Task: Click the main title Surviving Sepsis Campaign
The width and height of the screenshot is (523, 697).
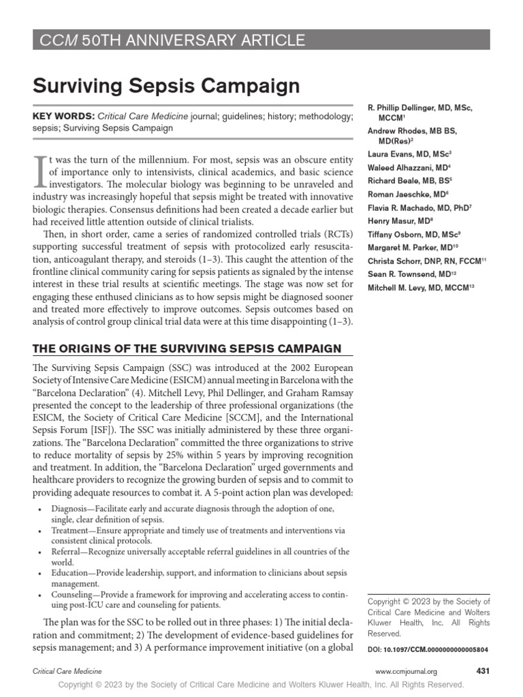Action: click(167, 86)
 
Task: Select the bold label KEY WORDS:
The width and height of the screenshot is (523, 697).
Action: click(64, 117)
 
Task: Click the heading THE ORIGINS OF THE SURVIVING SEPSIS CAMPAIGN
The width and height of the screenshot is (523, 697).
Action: click(187, 348)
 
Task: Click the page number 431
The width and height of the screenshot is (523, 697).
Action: click(483, 670)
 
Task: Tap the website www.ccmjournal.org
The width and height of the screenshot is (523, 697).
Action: click(407, 671)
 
